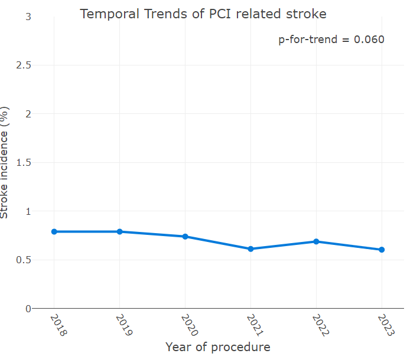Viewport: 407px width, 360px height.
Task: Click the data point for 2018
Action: tap(54, 231)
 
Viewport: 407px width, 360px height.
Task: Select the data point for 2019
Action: tap(120, 231)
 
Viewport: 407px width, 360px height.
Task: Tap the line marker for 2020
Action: tap(185, 236)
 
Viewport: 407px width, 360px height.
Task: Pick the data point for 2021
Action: tap(250, 249)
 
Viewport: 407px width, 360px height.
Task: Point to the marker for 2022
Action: tap(316, 241)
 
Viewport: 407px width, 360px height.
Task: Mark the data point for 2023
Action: tap(382, 250)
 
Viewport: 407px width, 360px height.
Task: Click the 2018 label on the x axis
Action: tap(60, 324)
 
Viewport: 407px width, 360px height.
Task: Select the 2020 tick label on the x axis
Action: tap(191, 324)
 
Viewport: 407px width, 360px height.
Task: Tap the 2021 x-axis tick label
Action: tap(256, 324)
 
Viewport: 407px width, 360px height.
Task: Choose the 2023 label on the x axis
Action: tap(387, 324)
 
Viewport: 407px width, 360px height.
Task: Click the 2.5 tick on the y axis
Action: tap(24, 65)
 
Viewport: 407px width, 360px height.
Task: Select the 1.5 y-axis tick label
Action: tap(24, 162)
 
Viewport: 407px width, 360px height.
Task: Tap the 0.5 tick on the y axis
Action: tap(24, 260)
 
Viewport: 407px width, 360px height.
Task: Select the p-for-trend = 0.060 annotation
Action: tap(331, 40)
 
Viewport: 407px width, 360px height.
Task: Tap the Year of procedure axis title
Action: tap(217, 346)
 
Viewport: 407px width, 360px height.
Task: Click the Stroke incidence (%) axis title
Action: tap(5, 162)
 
